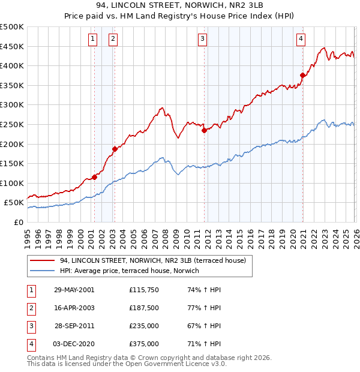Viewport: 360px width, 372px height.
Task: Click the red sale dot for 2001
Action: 94,177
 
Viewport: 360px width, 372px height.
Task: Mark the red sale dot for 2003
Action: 114,149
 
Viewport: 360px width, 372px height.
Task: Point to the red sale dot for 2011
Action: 204,130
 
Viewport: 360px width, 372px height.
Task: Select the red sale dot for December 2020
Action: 302,76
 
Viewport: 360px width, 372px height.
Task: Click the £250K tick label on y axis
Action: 12,124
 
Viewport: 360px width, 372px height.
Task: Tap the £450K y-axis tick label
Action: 12,46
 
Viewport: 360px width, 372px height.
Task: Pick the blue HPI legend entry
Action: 133,271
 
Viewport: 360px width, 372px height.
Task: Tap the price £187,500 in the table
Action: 143,308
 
